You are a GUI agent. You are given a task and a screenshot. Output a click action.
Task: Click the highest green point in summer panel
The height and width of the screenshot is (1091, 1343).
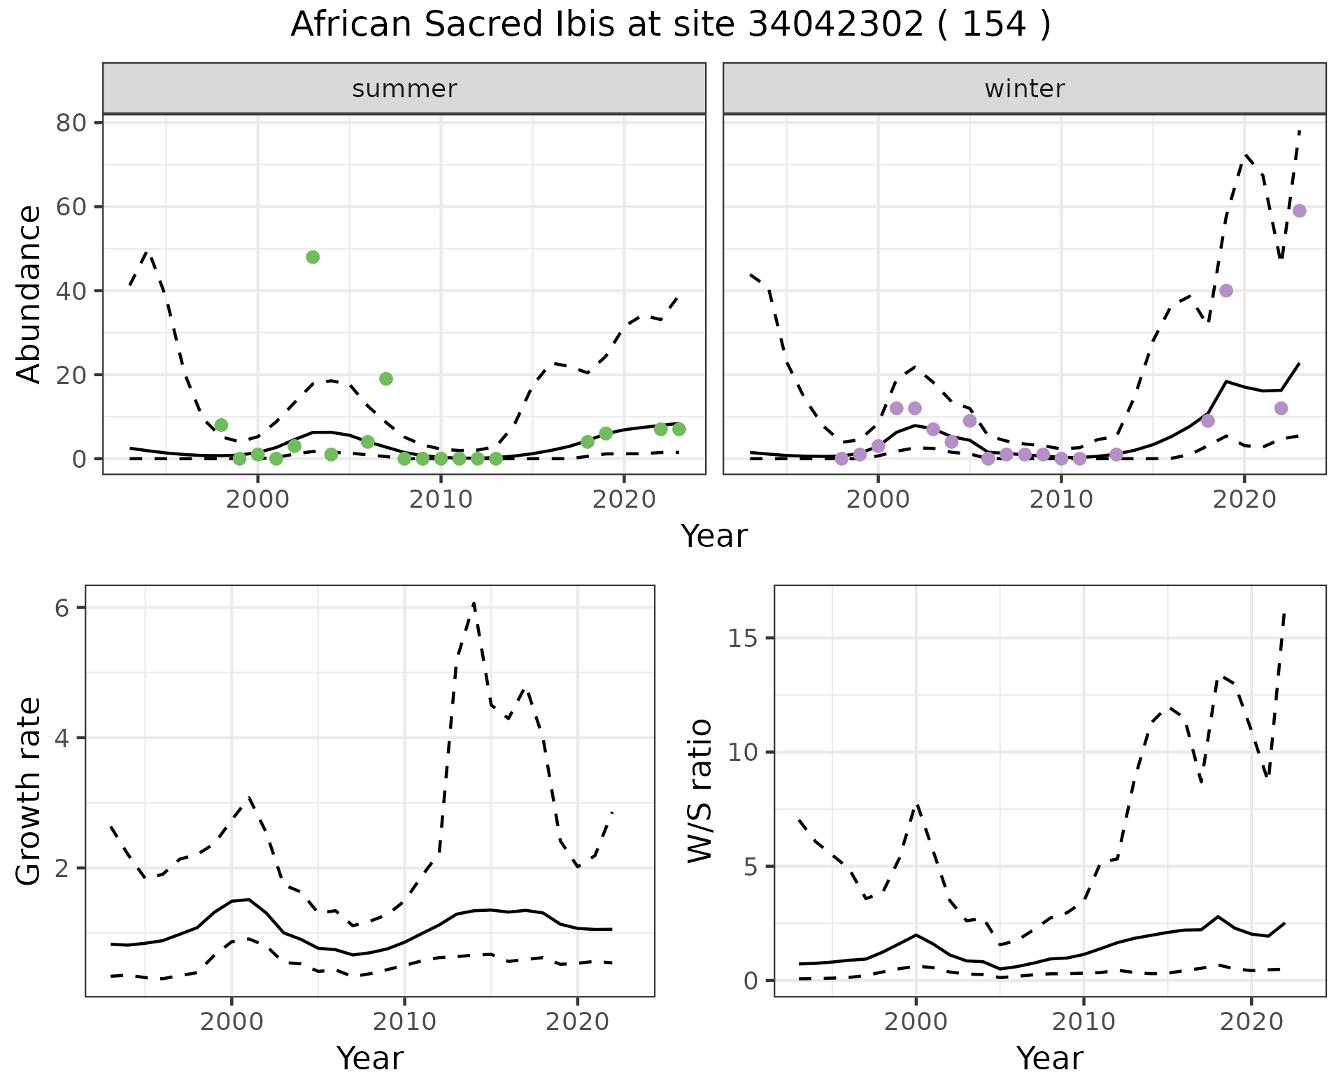tap(313, 257)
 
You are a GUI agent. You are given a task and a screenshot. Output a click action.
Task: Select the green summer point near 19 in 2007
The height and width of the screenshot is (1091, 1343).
tap(385, 378)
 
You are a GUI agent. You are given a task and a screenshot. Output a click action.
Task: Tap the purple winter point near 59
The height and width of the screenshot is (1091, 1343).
tap(1299, 211)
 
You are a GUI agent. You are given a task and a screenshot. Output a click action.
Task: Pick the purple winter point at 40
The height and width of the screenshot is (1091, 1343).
tap(1225, 290)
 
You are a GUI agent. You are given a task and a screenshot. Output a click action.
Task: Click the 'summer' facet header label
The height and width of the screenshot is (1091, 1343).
tap(404, 89)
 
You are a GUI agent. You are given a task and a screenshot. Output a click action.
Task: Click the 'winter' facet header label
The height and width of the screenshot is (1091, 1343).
tap(1024, 89)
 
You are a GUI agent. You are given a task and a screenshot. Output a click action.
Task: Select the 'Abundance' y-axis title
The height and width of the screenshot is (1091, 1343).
tap(29, 294)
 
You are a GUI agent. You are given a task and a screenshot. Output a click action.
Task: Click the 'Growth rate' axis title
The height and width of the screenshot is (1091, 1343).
tap(29, 791)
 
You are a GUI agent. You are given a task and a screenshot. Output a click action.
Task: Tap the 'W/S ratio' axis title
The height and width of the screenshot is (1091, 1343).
tap(699, 791)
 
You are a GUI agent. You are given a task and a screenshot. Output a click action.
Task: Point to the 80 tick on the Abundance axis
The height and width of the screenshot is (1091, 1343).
tap(70, 123)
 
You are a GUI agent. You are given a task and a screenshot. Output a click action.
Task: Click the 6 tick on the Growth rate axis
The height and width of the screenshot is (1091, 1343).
tap(62, 608)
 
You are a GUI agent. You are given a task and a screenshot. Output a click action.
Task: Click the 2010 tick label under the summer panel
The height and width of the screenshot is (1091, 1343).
tap(441, 500)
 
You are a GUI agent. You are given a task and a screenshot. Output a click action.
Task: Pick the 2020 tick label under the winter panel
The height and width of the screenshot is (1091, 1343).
tap(1244, 500)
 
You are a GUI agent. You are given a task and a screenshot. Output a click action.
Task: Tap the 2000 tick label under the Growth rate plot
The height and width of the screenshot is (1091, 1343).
tap(232, 1022)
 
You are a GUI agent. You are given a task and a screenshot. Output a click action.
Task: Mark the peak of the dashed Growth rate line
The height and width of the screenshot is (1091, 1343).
tap(474, 602)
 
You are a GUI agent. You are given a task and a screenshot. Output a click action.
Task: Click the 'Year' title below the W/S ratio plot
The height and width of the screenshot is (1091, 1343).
tap(1049, 1058)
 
